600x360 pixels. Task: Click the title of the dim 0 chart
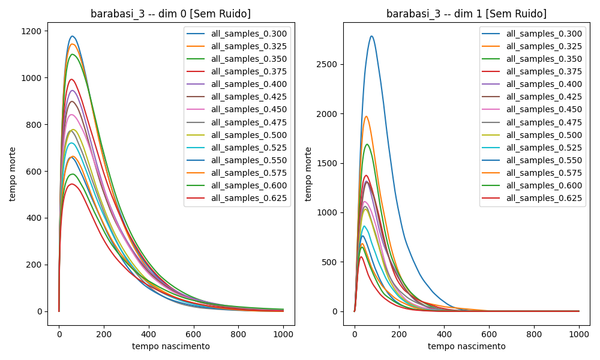tap(170, 14)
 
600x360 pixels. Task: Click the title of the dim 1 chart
tap(466, 14)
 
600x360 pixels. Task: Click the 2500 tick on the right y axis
tap(328, 64)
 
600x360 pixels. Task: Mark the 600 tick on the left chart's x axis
tap(193, 334)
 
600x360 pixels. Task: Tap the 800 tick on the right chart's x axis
tap(534, 334)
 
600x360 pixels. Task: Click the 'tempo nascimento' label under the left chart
tap(171, 346)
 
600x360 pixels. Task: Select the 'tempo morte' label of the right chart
tap(309, 174)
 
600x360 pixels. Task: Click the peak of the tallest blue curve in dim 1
tap(371, 36)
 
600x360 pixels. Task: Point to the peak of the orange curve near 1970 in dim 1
tap(366, 116)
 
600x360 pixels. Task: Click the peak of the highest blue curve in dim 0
tap(73, 36)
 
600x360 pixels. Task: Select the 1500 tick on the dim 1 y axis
tap(328, 163)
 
